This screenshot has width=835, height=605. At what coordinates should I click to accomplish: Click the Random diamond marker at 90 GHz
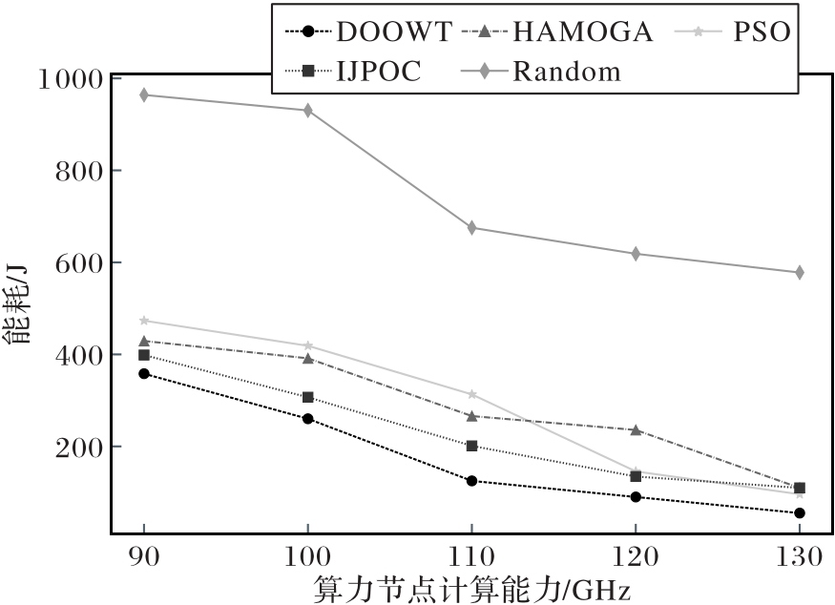coord(144,94)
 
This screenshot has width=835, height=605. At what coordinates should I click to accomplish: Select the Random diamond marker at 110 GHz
coord(471,228)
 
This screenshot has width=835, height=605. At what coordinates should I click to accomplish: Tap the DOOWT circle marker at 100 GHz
coord(307,419)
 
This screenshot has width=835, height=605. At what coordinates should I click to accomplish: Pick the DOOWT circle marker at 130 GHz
coord(799,513)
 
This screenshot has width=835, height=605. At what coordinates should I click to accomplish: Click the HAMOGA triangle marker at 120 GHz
coord(636,429)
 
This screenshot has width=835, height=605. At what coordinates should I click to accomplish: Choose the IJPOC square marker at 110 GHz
coord(471,446)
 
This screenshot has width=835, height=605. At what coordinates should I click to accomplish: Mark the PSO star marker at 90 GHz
coord(144,321)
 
